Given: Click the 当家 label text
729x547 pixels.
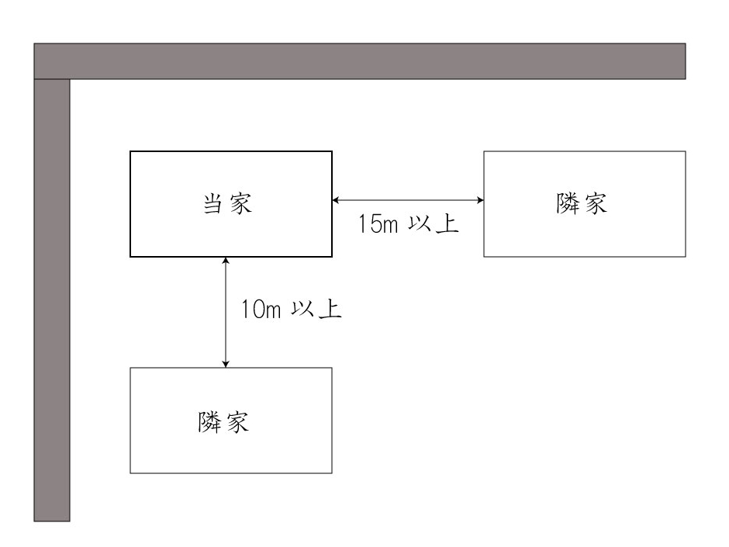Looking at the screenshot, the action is [227, 204].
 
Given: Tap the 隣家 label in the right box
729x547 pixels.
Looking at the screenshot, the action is [582, 203].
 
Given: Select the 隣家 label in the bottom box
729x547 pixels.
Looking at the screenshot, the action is [223, 422].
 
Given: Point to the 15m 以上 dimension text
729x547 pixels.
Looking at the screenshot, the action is [409, 223].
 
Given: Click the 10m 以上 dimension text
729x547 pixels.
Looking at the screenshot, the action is [291, 309].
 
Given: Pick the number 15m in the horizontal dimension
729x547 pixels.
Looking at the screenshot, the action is [378, 223].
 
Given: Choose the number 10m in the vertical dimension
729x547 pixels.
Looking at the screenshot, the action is [261, 310].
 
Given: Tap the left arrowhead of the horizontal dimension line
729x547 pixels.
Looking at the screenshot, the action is [335, 200].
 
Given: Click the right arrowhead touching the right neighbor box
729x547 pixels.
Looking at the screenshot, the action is [480, 200].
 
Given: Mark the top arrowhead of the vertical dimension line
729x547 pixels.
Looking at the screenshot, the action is [226, 261].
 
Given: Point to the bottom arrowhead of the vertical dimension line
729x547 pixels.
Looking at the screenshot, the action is [226, 364].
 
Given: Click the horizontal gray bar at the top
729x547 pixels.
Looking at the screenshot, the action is [360, 61].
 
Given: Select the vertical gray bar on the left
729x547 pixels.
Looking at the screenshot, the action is [52, 300].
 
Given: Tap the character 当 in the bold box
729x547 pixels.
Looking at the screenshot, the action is [213, 204].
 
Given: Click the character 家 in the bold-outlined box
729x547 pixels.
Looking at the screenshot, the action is [241, 204].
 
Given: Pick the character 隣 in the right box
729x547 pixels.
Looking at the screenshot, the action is [568, 203].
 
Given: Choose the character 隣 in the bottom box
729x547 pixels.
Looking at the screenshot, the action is [209, 422].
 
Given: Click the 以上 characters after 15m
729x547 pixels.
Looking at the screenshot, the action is [434, 223].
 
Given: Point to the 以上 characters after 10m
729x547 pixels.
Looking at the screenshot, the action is [316, 309].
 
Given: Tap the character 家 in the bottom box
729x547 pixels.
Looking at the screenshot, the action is [238, 422].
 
